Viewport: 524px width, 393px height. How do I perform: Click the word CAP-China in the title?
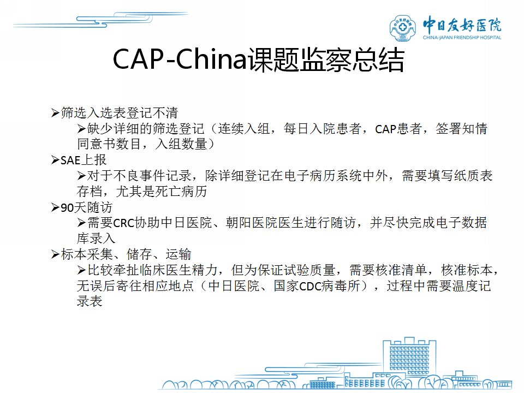(180, 59)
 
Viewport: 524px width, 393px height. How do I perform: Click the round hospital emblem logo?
(403, 28)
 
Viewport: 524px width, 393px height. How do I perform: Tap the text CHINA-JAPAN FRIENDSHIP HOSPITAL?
(462, 38)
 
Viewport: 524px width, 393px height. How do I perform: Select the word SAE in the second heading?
(70, 160)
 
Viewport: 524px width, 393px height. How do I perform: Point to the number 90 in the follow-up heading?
(67, 208)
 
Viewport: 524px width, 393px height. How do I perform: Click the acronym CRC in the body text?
(124, 223)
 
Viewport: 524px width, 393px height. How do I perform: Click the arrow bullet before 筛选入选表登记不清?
(55, 113)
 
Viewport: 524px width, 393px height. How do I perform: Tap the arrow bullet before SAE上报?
(55, 160)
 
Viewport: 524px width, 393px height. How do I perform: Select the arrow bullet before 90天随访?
(55, 207)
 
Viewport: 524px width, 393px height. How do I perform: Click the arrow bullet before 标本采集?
(55, 255)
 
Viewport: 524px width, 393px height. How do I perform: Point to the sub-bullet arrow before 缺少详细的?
(81, 129)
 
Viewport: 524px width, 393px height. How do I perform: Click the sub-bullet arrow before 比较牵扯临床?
(81, 270)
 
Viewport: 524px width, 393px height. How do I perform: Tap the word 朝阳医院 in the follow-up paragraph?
(251, 223)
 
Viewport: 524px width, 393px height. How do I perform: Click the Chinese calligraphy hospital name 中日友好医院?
(462, 25)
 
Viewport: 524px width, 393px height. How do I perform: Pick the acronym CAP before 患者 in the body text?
(385, 129)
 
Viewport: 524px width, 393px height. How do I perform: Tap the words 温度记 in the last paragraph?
(471, 286)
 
